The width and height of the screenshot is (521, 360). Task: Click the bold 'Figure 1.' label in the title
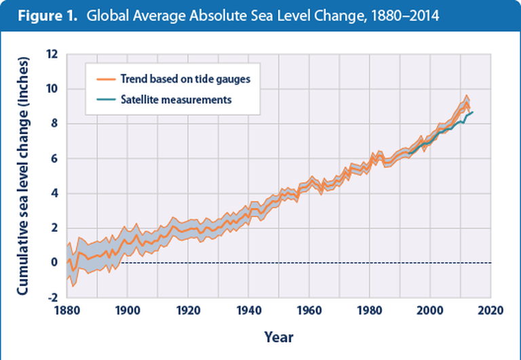(43, 16)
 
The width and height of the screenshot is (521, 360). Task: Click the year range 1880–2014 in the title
(394, 16)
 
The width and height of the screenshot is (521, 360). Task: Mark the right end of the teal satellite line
(473, 112)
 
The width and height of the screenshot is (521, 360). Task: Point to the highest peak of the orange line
(466, 96)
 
